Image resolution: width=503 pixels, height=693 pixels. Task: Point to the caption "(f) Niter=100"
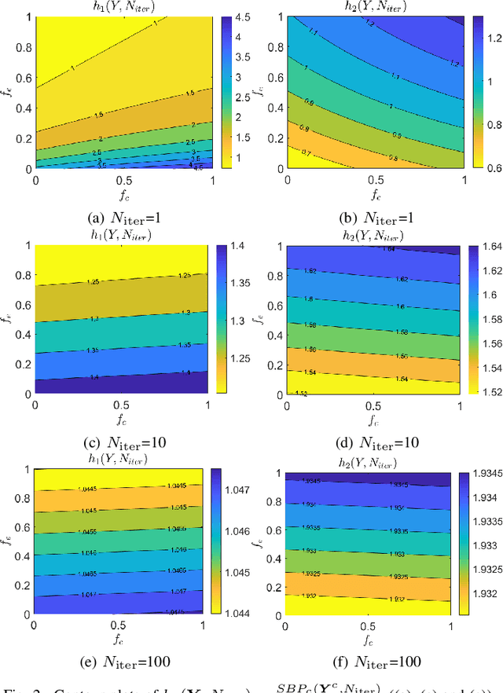(x=369, y=661)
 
